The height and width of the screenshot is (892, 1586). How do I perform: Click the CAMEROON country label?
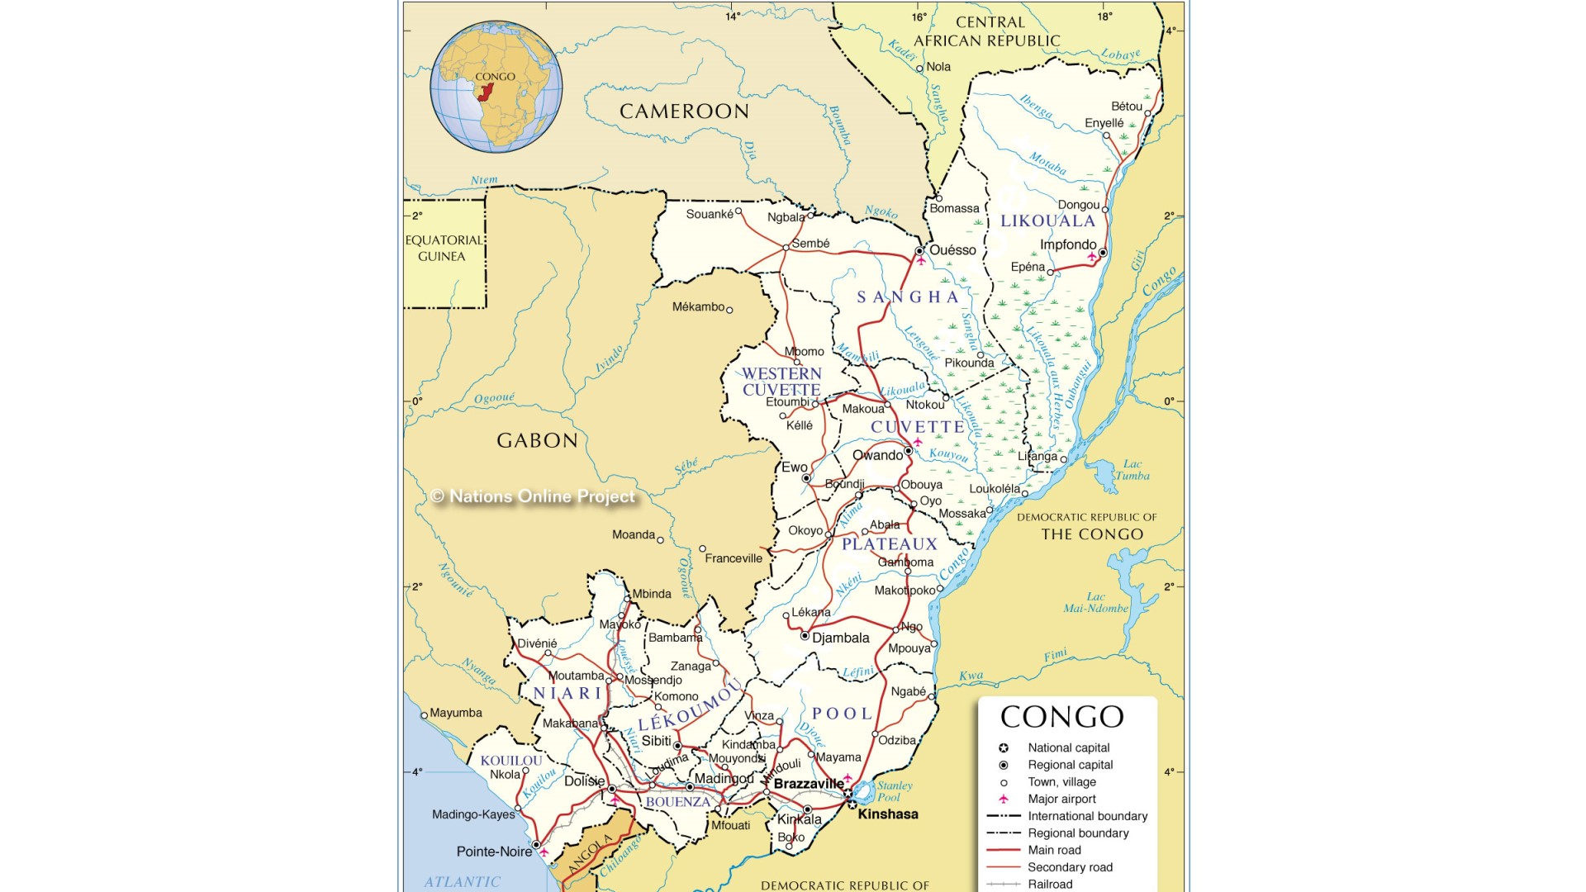(x=684, y=111)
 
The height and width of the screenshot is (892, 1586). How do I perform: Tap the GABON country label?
(x=537, y=440)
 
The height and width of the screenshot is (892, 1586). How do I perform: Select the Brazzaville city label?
(x=808, y=784)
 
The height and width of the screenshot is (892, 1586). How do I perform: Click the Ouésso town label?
(x=952, y=250)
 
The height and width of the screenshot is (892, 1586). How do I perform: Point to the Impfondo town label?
(x=1067, y=244)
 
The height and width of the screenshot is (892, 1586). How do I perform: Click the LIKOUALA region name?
(x=1047, y=221)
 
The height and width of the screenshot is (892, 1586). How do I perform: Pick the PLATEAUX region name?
(x=890, y=544)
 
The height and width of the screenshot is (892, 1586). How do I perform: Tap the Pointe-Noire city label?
(x=494, y=852)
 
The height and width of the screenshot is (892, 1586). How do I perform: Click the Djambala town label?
(x=840, y=638)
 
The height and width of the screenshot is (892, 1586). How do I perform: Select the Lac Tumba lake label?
(x=1132, y=470)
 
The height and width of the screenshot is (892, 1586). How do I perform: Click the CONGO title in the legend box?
(x=1061, y=717)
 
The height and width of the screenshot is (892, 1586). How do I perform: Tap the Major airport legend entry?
(x=1061, y=799)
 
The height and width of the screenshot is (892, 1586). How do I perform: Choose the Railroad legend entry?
(x=1049, y=884)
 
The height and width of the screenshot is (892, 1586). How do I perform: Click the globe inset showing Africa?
(x=496, y=87)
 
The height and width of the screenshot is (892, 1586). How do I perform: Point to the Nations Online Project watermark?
(x=533, y=496)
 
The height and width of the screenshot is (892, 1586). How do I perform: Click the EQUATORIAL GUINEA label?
(x=443, y=248)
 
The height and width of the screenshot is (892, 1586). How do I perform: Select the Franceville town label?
(x=733, y=558)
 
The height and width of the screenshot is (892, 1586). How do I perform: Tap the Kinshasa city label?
(x=887, y=814)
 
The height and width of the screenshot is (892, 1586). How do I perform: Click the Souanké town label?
(x=709, y=214)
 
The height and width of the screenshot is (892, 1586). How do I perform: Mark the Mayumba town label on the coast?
(x=455, y=713)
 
